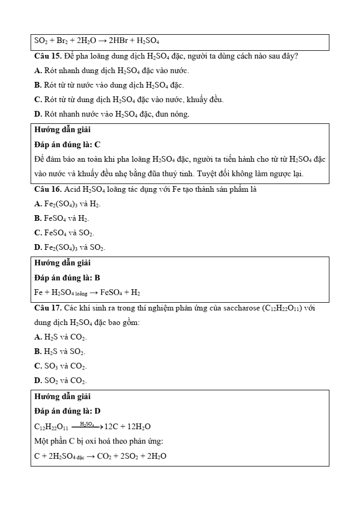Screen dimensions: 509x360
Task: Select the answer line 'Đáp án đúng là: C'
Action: point(67,145)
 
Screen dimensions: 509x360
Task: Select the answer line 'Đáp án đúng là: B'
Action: point(67,278)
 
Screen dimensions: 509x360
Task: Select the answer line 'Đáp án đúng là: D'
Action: point(67,411)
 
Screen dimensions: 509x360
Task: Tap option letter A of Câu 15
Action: point(38,70)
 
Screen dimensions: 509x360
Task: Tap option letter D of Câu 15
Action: point(38,114)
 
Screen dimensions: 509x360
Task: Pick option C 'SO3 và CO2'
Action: point(60,366)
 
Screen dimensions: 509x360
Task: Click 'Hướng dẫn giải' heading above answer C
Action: point(62,130)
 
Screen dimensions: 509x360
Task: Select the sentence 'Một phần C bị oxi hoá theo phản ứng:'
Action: point(99,441)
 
